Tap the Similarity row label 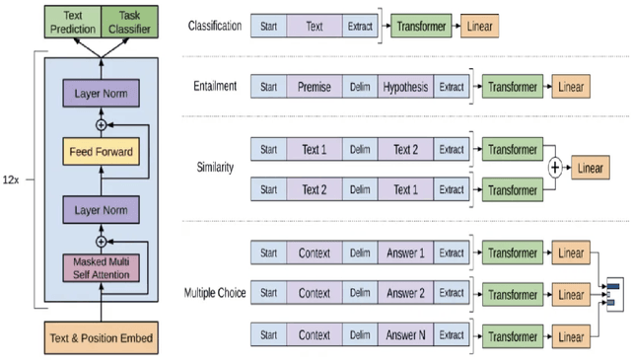pyautogui.click(x=215, y=168)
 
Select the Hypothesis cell pyautogui.click(x=404, y=87)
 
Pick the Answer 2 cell pyautogui.click(x=404, y=293)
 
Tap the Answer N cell pyautogui.click(x=404, y=335)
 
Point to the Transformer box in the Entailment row pyautogui.click(x=513, y=87)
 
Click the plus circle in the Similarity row pyautogui.click(x=555, y=169)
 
